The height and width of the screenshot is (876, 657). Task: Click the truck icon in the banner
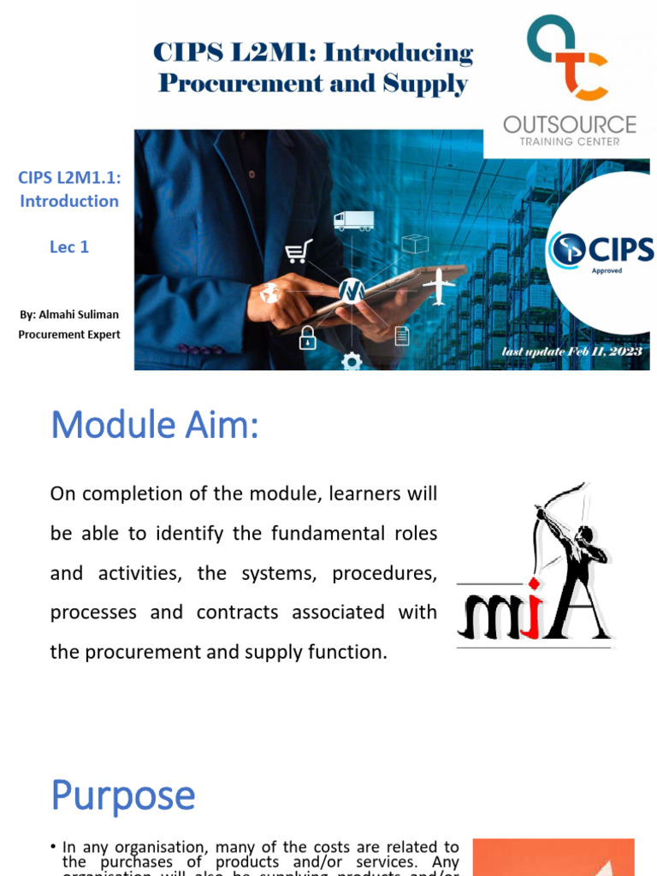coord(353,221)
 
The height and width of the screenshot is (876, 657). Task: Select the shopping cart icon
coord(299,251)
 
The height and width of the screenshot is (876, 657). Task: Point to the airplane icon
coord(440,286)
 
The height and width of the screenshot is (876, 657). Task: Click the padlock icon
coord(307,339)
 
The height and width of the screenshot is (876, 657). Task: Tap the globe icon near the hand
coord(270,293)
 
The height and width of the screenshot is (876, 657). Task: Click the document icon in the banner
coord(402,335)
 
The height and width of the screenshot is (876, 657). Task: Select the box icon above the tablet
coord(415,244)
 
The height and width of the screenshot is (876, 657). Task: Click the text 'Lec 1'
coord(69,247)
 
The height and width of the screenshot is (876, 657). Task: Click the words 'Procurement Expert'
coord(69,334)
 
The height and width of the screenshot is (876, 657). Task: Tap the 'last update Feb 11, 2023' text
coord(572,352)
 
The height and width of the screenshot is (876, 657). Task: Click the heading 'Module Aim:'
coord(155,425)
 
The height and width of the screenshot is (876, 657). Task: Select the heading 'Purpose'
coord(123,796)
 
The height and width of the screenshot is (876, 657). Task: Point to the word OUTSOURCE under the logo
coord(570,125)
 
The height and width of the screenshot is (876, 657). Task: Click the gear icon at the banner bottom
coord(352,362)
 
